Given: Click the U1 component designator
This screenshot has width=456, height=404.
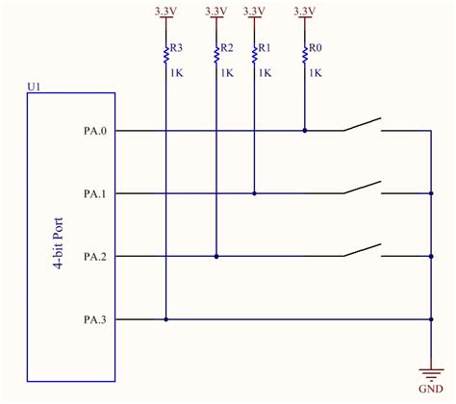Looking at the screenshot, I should [34, 86].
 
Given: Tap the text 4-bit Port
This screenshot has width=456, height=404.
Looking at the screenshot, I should [61, 241].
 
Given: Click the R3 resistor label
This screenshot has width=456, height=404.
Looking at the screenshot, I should [175, 48].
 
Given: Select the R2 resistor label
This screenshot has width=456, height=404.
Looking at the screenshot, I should [227, 48].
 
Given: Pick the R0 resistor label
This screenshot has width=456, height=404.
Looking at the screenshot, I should [314, 48].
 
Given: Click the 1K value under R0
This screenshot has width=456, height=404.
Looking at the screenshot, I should [314, 72].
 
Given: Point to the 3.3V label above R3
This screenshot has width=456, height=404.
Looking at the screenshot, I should [165, 11].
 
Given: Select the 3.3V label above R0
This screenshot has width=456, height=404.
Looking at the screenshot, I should [304, 11].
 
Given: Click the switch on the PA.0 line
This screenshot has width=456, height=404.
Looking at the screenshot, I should [361, 125].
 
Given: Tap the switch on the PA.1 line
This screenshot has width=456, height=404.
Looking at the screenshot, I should [361, 188].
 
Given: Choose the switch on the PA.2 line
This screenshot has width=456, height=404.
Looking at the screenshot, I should [361, 251].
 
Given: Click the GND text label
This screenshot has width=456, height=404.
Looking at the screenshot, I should [429, 390].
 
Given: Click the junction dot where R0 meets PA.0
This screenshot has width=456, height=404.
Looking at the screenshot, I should [304, 130].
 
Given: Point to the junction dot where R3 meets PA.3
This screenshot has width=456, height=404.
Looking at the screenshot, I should [165, 319].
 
